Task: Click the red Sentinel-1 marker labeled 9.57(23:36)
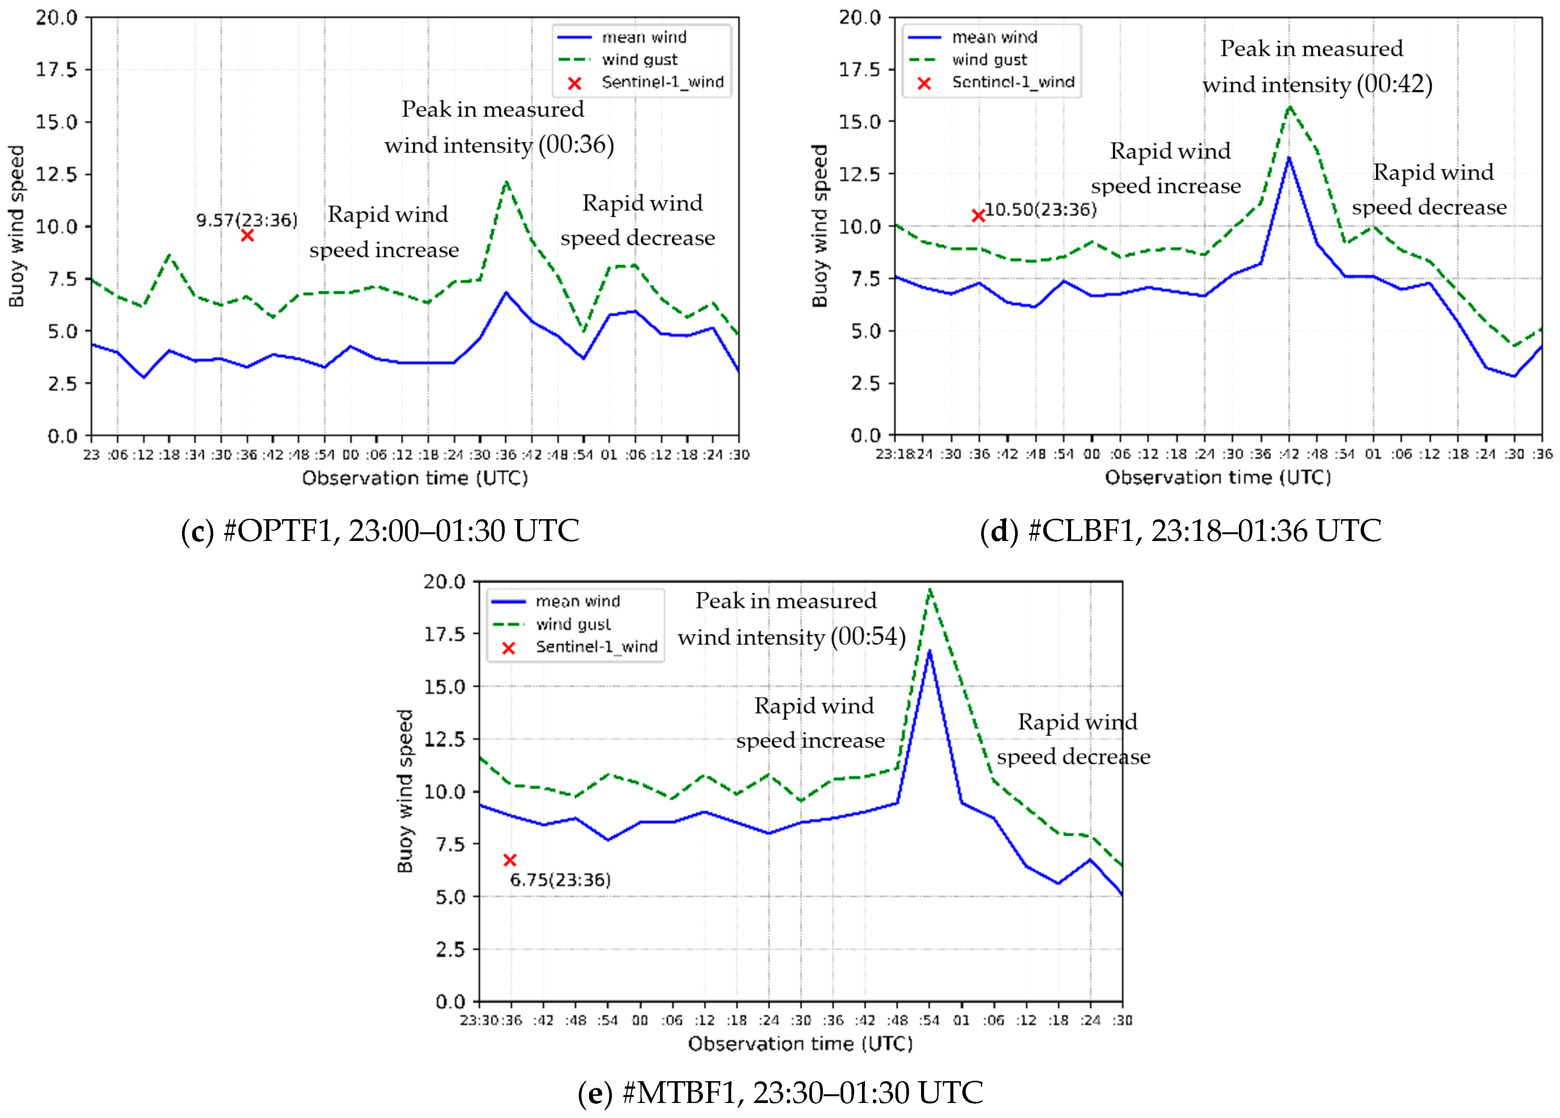pos(247,236)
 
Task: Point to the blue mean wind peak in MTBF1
pos(929,650)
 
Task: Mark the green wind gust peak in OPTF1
pos(506,182)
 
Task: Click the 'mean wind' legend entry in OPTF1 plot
pos(644,37)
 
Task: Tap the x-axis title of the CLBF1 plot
pos(1217,477)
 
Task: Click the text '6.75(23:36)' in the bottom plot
pos(560,880)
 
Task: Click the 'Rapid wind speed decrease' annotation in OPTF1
pos(638,220)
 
